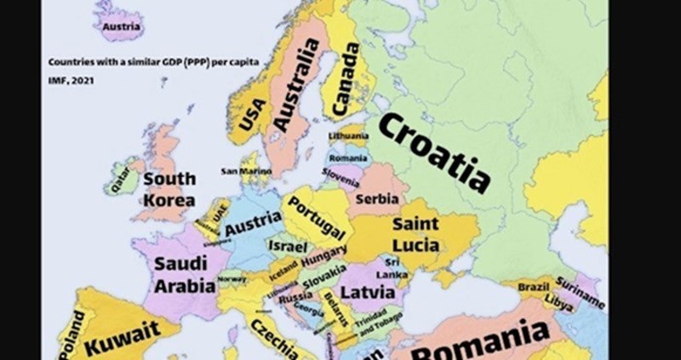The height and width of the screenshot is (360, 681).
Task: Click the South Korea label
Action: coord(169,190)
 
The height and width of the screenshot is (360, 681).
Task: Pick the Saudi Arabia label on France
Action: coord(184,274)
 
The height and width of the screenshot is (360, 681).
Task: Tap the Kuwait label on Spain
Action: coord(123,334)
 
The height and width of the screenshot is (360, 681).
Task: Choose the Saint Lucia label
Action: coord(415,235)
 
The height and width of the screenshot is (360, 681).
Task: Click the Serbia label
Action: coord(376,198)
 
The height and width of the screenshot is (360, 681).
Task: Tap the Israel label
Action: coord(281,245)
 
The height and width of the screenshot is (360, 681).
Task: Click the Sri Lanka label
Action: coord(393,268)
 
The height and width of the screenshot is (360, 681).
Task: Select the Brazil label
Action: coord(534,288)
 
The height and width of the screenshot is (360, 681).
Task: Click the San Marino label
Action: coord(246,171)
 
